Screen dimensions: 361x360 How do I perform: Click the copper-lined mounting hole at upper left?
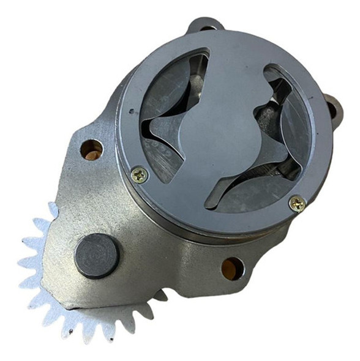click(92, 149)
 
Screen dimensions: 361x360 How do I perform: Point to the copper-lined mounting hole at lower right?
click(233, 267)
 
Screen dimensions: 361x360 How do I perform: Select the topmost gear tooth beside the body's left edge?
click(51, 211)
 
